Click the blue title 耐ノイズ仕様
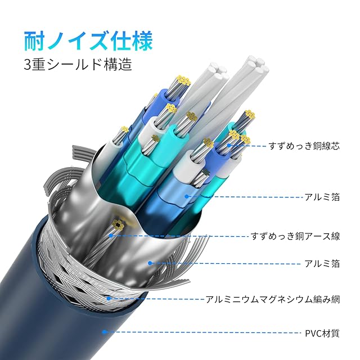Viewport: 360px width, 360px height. point(88,41)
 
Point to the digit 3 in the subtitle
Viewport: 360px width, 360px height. point(28,65)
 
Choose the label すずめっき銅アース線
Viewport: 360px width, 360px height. point(295,236)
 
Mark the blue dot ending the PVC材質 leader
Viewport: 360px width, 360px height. point(105,332)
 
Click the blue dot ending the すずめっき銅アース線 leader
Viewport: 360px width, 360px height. point(112,236)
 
